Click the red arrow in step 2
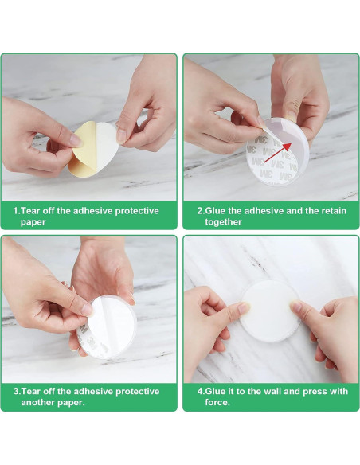[x=277, y=152]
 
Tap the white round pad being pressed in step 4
[x=271, y=311]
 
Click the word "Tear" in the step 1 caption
[x=31, y=211]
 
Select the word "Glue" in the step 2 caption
[x=216, y=211]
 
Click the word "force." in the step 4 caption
[x=217, y=402]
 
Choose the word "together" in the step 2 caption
[x=223, y=222]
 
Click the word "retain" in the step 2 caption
[x=334, y=211]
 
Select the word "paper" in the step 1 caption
[x=33, y=222]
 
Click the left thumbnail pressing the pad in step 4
[x=244, y=307]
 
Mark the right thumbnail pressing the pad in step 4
[x=295, y=307]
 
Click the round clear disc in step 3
[x=107, y=326]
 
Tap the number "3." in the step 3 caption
[x=18, y=391]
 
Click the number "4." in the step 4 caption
[x=202, y=391]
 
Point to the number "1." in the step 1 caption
[x=18, y=211]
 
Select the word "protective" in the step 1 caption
[x=137, y=211]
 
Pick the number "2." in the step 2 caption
[x=202, y=211]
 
